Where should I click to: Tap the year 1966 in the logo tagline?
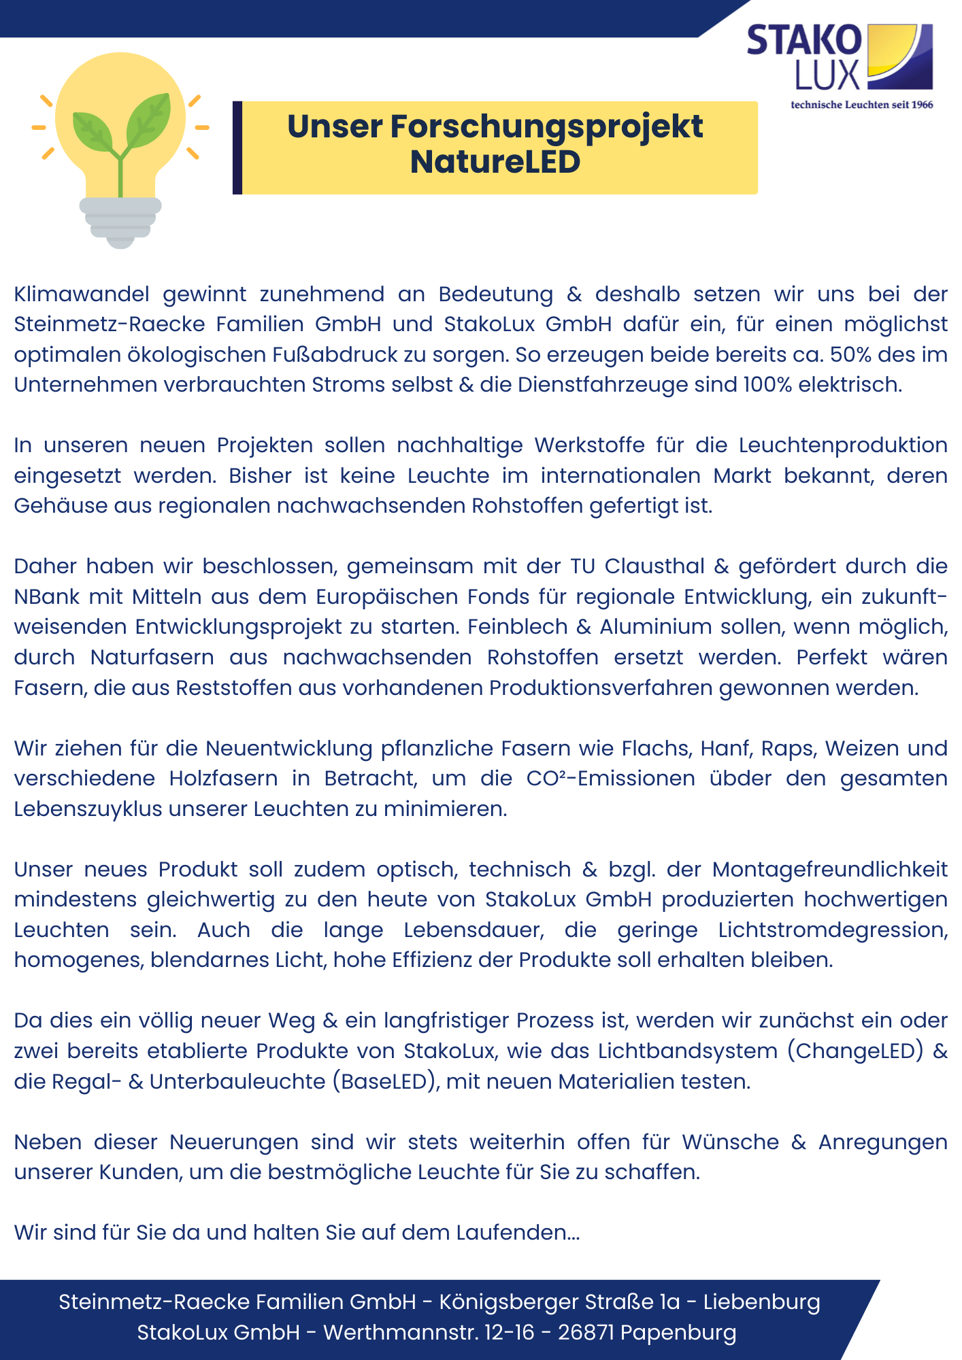[x=922, y=105]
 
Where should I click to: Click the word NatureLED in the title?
[x=495, y=163]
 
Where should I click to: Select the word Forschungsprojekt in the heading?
[x=546, y=127]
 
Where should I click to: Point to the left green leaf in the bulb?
[x=94, y=129]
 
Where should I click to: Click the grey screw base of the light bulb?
[x=120, y=221]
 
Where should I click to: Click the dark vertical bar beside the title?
[x=237, y=148]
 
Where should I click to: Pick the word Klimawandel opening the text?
[x=82, y=294]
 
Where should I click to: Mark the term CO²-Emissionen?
[x=610, y=779]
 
